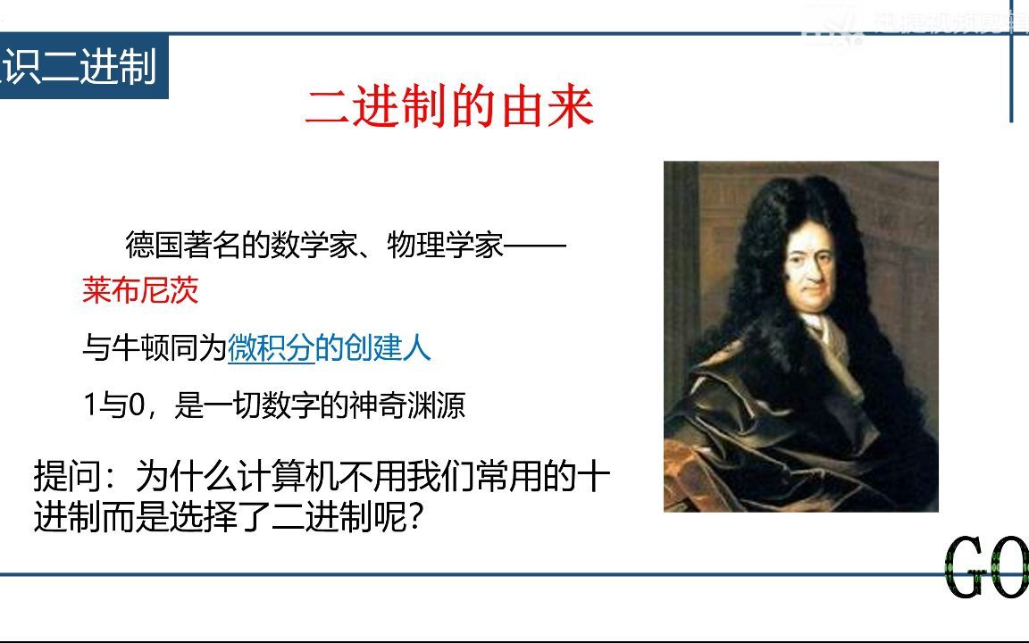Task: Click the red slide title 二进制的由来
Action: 449,108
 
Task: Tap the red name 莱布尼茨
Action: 140,290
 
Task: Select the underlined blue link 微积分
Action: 271,348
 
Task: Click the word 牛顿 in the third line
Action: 140,348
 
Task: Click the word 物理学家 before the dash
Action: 446,245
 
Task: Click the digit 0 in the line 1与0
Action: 137,406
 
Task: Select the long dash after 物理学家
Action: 536,245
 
